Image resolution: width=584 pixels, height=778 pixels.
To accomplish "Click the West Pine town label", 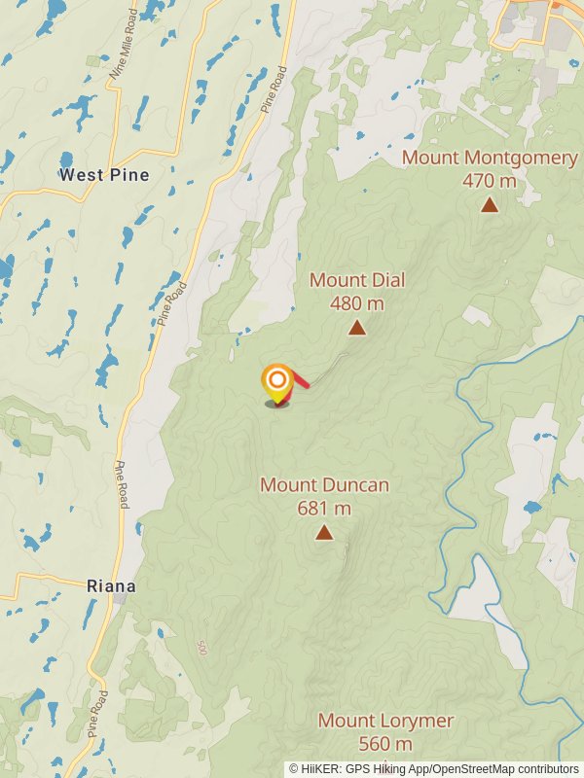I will coord(104,175).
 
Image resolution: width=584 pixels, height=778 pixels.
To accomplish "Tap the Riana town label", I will coord(111,586).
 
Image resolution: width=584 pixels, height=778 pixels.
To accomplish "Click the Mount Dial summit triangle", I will coord(357,329).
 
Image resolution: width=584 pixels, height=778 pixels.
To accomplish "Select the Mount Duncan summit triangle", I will coord(324,532).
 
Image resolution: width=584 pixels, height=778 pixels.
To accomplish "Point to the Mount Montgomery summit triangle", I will coord(490,204).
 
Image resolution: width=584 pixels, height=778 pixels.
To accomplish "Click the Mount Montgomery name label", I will coord(490,158).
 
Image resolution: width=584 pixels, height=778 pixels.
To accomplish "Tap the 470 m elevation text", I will coord(490,180).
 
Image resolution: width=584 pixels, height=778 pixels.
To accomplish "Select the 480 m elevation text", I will coord(357,303).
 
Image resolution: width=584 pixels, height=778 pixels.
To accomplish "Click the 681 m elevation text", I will coord(324,508).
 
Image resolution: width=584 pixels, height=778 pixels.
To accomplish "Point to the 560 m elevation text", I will coord(384,744).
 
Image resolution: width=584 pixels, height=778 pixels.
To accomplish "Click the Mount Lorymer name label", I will coord(385,721).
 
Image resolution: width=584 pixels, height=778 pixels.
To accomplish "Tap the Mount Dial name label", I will coord(357,280).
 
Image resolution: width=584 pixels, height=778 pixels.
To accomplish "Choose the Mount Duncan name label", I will coord(324,484).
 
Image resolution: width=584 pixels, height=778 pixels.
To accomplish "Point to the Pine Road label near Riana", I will coord(123,484).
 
